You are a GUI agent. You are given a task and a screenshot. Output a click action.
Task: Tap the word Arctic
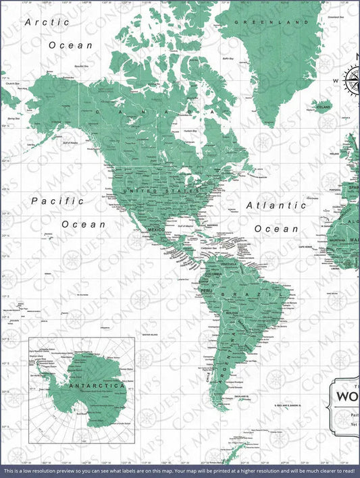47,22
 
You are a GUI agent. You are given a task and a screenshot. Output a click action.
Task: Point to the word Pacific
58,201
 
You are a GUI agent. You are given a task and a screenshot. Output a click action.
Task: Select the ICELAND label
324,107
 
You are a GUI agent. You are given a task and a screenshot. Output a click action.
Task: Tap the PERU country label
207,291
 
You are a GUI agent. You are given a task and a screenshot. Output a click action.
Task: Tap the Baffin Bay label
227,59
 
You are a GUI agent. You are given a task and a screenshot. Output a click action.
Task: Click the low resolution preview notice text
180,470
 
